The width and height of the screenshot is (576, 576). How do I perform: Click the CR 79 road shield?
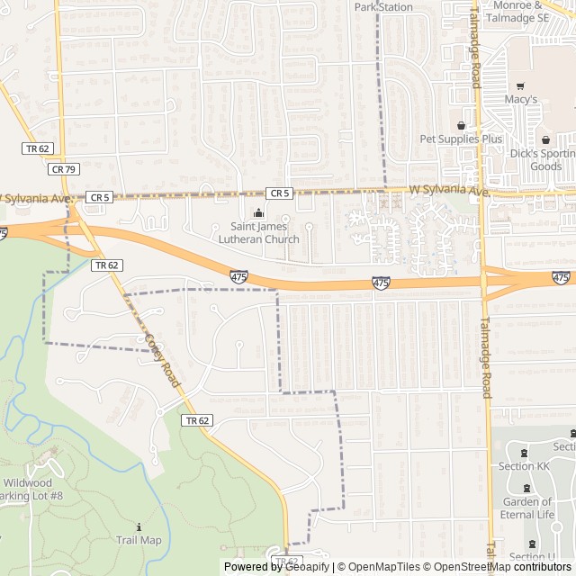tap(64, 168)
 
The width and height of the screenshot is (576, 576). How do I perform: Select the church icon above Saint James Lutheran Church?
tap(258, 213)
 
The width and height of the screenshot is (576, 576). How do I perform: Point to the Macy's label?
tap(520, 99)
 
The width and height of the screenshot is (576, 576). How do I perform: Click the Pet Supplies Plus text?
tap(461, 139)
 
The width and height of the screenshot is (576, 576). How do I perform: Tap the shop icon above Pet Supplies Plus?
tap(462, 125)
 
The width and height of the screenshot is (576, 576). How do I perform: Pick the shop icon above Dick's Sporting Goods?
tap(545, 139)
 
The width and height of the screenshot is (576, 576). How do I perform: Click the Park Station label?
tap(383, 7)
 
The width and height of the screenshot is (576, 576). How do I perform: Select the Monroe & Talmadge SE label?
tap(529, 11)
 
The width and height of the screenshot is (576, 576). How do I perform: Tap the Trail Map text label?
tap(139, 540)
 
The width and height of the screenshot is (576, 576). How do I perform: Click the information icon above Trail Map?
tap(139, 526)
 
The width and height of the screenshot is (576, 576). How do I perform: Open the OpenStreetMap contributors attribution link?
tap(498, 567)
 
